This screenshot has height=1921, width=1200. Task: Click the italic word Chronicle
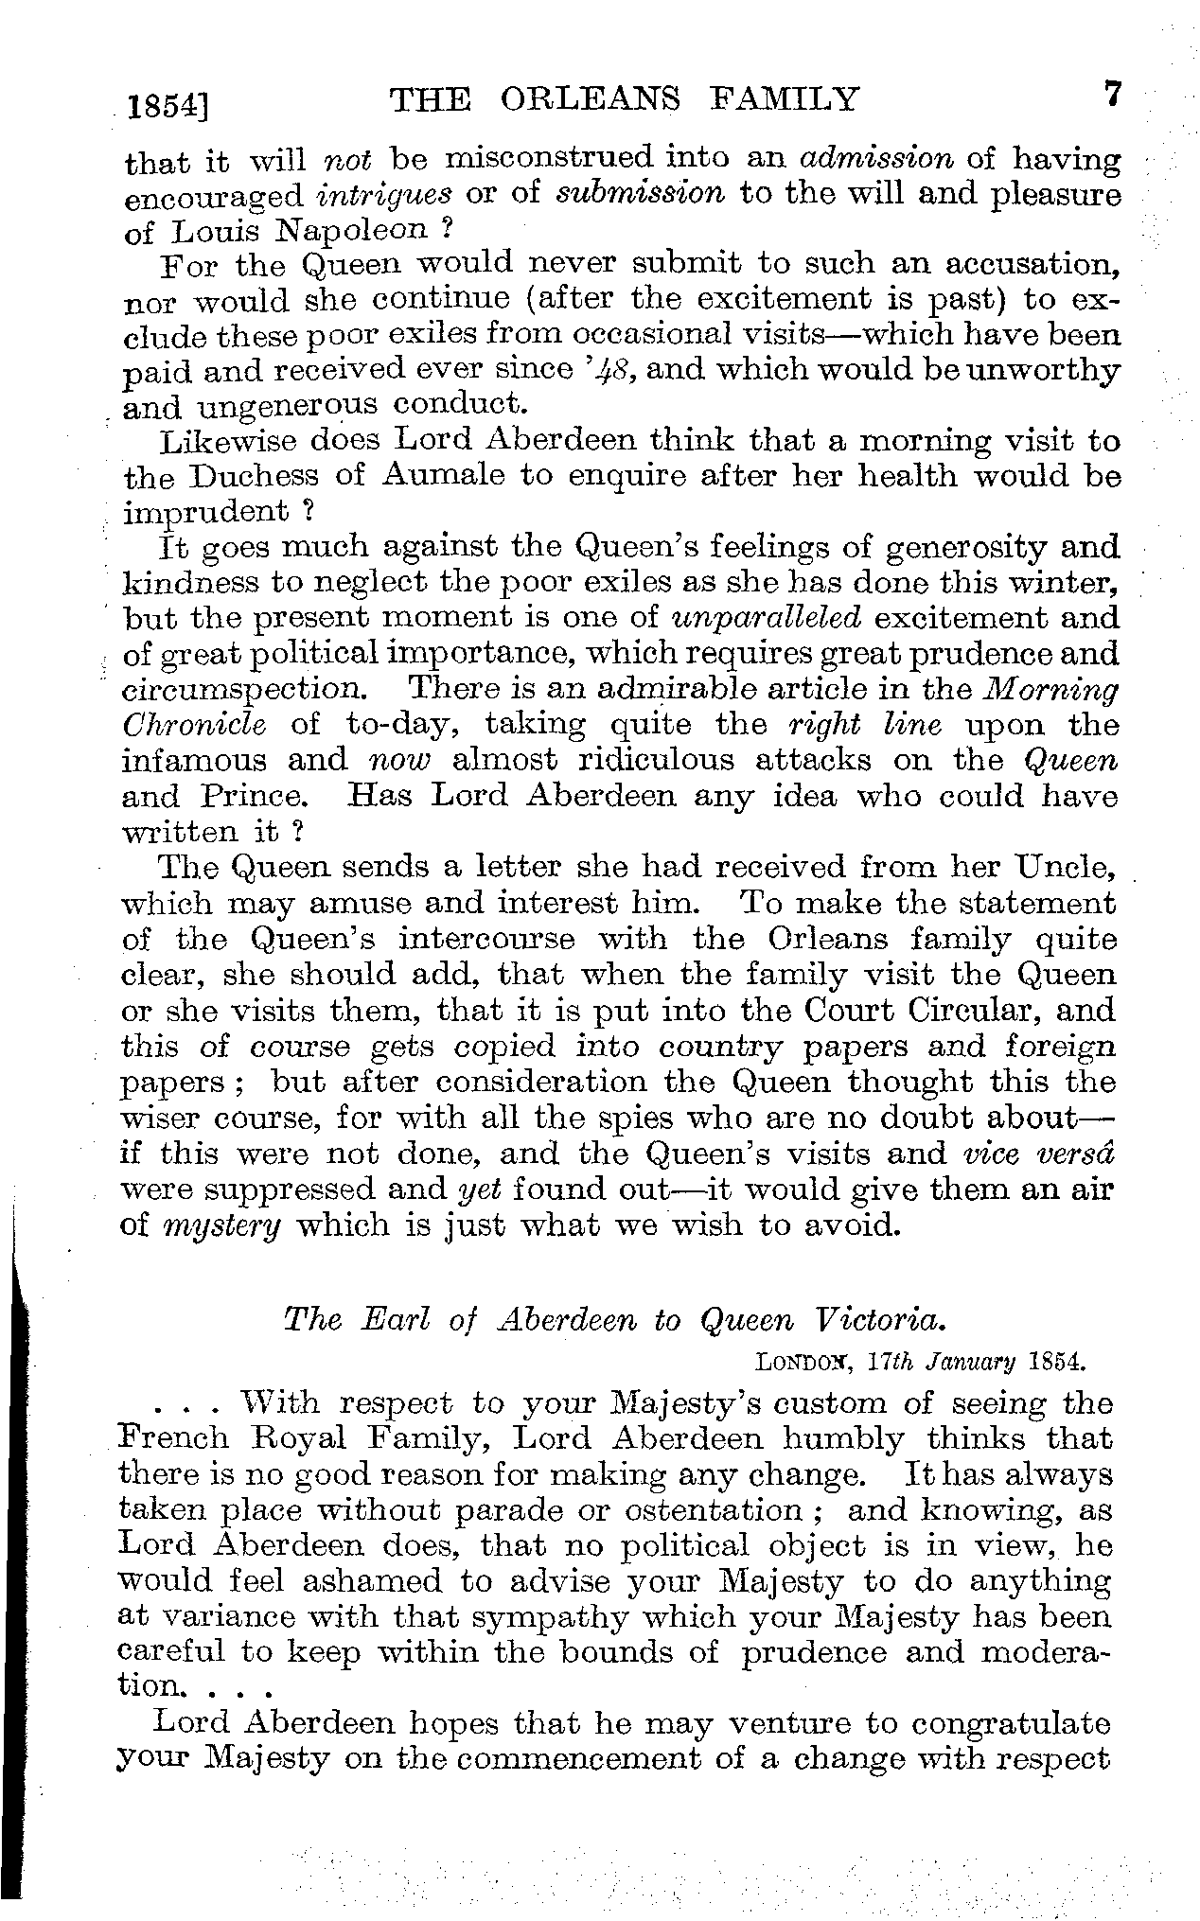click(x=195, y=725)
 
